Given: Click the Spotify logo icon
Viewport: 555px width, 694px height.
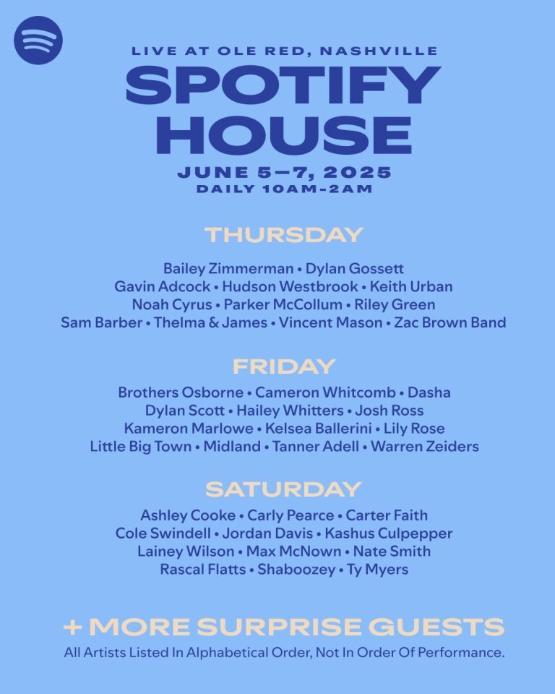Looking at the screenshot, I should (38, 40).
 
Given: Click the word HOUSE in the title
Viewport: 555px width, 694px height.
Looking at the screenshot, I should (283, 134).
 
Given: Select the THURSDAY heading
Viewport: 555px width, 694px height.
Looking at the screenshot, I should (283, 235).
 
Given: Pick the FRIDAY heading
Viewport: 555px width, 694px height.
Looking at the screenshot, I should (283, 366).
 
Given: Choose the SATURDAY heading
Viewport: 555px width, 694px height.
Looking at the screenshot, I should (283, 489).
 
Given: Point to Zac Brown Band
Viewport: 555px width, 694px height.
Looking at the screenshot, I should (450, 322).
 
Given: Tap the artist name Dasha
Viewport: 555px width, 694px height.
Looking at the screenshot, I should (429, 393).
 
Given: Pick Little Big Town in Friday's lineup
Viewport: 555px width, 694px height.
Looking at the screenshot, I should (141, 447).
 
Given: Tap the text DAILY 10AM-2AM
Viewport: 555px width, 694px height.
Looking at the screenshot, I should (283, 189).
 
